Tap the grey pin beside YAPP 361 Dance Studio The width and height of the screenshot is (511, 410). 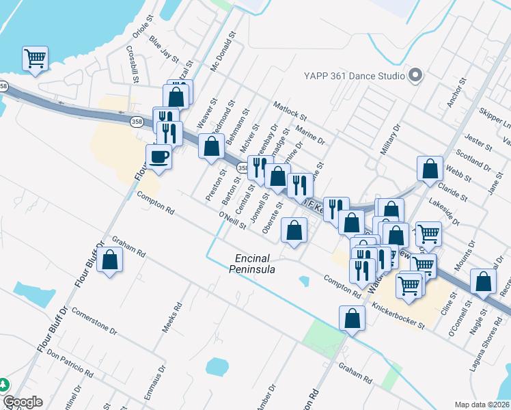[x=415, y=76]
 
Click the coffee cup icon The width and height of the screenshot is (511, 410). [x=158, y=156]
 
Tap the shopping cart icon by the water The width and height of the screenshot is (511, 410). [x=35, y=58]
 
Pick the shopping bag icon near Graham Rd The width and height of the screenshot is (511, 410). [x=109, y=260]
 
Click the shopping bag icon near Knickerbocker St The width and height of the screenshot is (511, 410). [x=351, y=318]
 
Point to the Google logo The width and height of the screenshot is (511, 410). [x=23, y=402]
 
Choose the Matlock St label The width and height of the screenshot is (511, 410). [x=291, y=112]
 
